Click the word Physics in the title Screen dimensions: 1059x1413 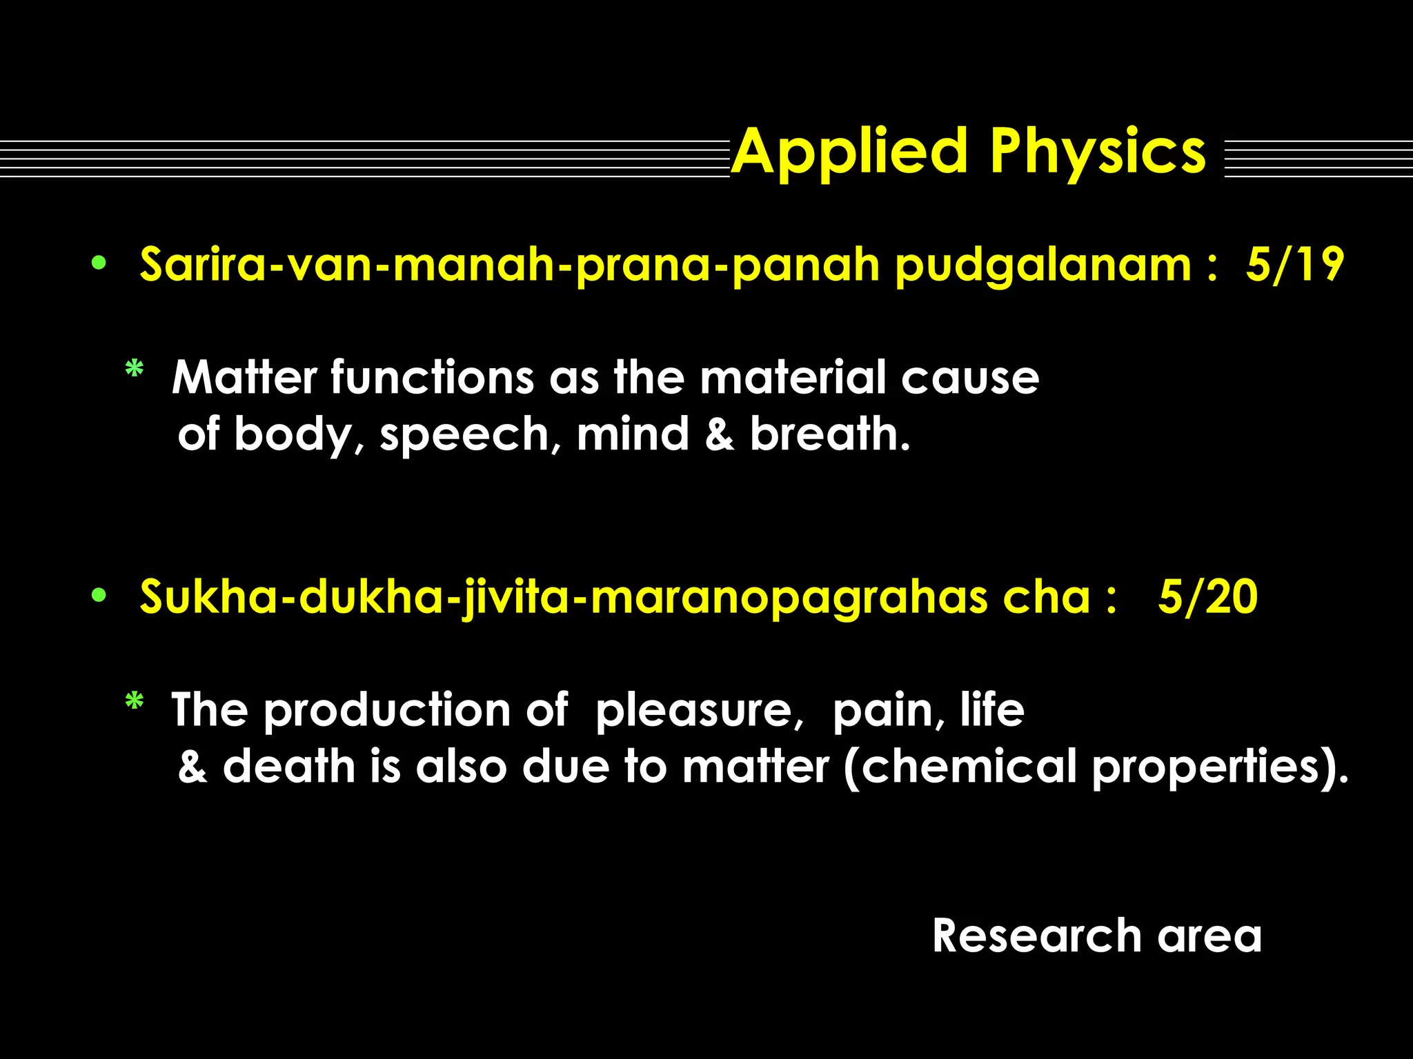click(x=1098, y=153)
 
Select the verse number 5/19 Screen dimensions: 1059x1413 click(x=1294, y=265)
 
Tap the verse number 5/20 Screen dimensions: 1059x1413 click(x=1207, y=597)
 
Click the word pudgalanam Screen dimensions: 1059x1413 click(x=1043, y=266)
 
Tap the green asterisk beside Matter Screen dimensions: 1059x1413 click(x=134, y=371)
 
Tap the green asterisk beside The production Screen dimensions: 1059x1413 click(x=134, y=703)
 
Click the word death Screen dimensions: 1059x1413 click(x=288, y=767)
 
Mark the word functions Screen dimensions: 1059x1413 click(x=432, y=378)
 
